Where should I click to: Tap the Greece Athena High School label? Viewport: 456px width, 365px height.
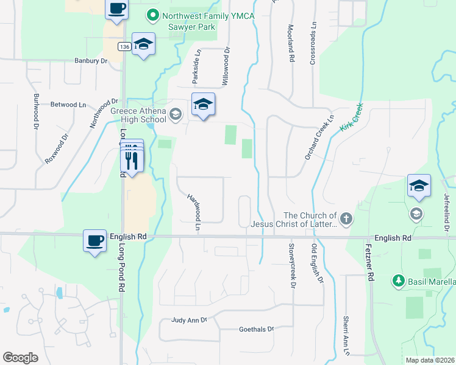point(138,115)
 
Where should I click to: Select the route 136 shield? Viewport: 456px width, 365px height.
point(124,47)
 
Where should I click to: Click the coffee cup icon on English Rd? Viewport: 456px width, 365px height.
point(94,241)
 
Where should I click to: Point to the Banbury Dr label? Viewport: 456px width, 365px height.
point(91,61)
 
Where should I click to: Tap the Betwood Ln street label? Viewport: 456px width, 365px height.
point(68,105)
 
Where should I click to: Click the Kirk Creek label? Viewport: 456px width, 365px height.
point(351,117)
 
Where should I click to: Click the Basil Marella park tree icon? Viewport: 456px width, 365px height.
point(398,281)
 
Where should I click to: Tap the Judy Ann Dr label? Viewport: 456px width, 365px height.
point(190,319)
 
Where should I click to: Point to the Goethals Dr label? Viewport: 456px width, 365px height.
point(256,329)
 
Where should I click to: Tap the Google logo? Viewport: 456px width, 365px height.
point(21,358)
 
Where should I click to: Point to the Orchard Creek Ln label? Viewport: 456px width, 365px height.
point(320,137)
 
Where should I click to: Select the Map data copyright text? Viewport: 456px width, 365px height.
point(429,360)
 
